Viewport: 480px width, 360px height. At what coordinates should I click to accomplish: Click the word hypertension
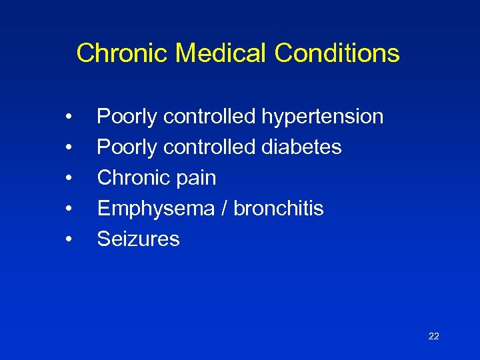pyautogui.click(x=322, y=117)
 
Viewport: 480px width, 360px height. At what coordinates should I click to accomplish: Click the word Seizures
pyautogui.click(x=138, y=239)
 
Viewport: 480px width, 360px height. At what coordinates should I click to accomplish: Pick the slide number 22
pyautogui.click(x=433, y=336)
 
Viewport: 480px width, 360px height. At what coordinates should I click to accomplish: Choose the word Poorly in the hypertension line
pyautogui.click(x=127, y=117)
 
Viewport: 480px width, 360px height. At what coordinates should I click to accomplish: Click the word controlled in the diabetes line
pyautogui.click(x=209, y=147)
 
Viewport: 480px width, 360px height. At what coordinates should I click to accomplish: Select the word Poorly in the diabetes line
pyautogui.click(x=127, y=147)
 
